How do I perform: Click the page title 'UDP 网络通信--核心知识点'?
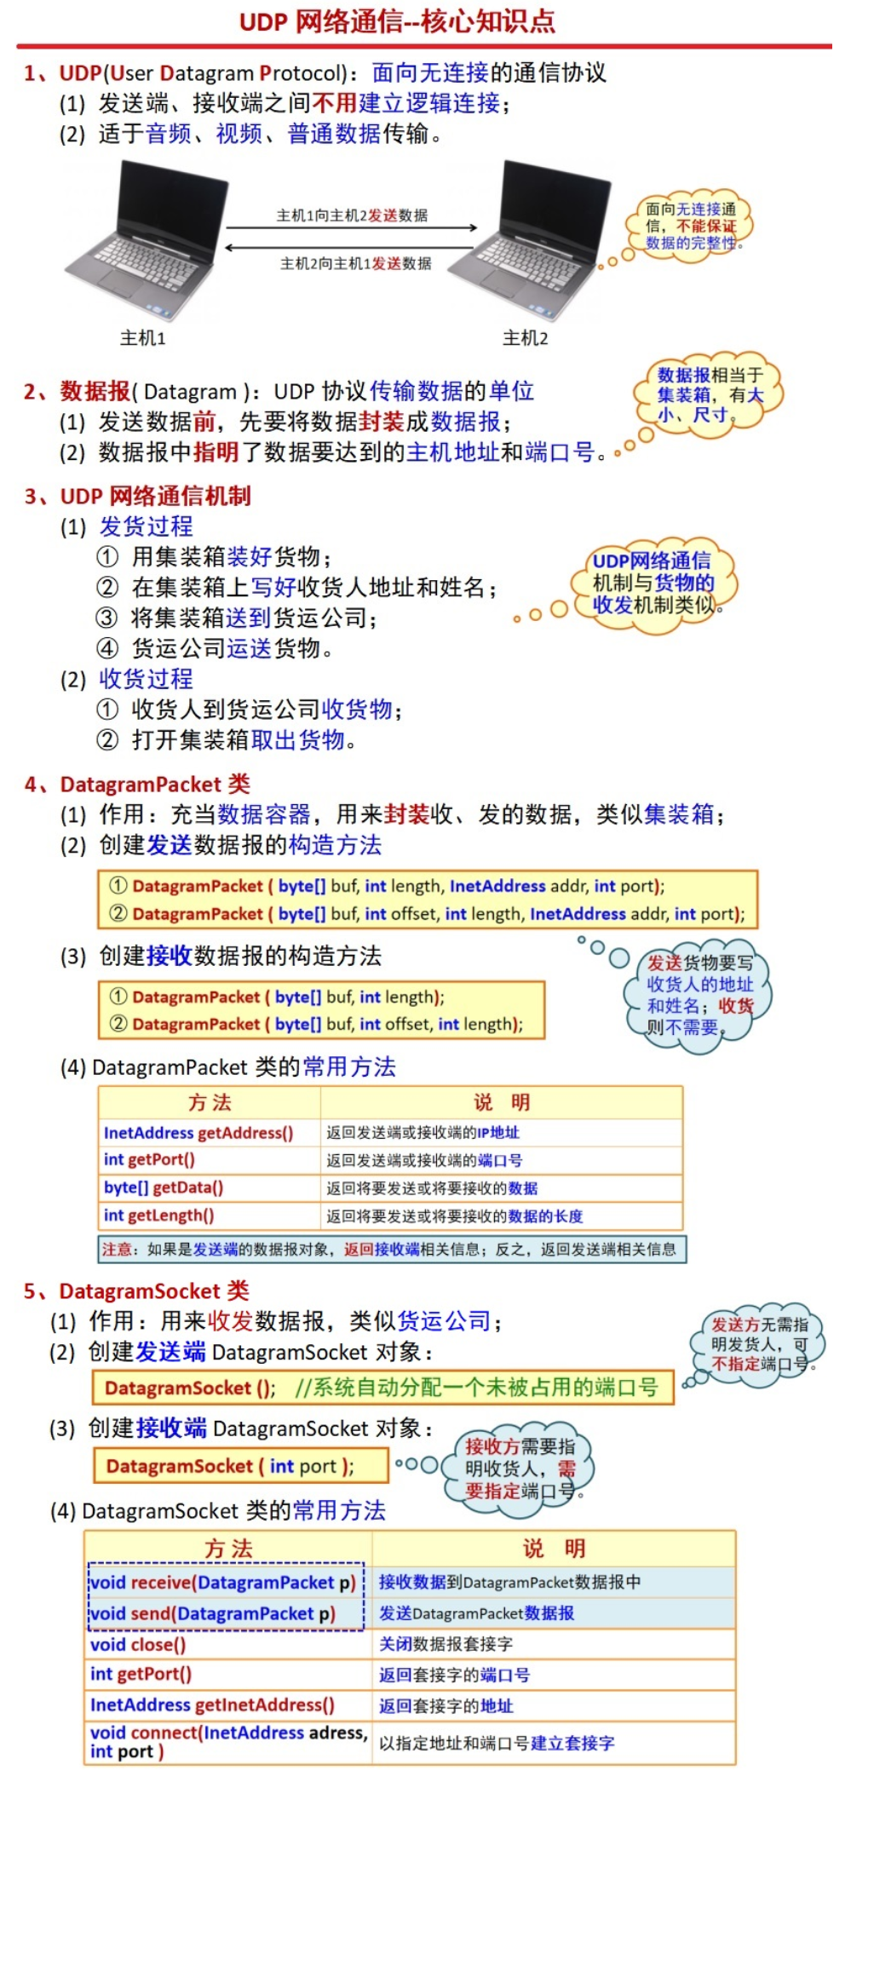(397, 21)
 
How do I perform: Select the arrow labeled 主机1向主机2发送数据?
(351, 227)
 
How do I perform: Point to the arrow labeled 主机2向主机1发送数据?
(351, 248)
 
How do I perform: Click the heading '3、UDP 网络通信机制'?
(138, 496)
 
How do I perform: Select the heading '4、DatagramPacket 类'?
(138, 784)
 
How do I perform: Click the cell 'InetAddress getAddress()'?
(198, 1133)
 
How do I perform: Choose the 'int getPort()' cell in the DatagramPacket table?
(149, 1159)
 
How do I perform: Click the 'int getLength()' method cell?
(159, 1216)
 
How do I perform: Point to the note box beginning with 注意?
(392, 1250)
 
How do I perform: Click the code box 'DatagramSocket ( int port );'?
(240, 1466)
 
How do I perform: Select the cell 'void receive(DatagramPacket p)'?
(223, 1583)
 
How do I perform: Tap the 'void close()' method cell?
(138, 1645)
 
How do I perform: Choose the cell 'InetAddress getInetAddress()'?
(212, 1705)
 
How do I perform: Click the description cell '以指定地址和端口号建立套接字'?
(497, 1743)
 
